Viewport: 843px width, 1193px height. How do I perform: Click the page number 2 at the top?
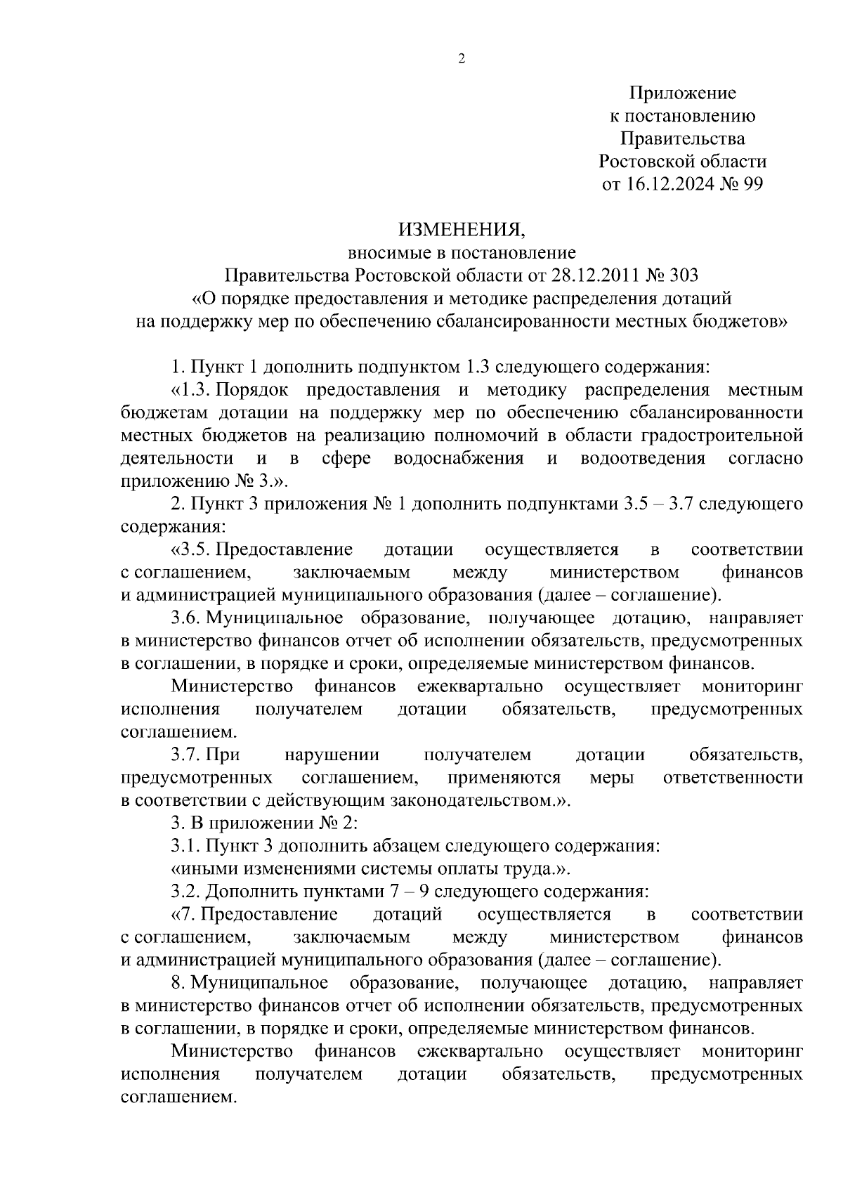tap(462, 59)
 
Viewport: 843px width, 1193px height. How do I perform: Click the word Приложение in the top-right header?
tap(682, 93)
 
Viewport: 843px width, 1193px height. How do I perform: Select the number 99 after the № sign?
tap(750, 184)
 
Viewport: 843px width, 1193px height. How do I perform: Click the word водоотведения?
tap(643, 459)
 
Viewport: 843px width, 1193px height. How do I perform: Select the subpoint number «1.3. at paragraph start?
tap(191, 390)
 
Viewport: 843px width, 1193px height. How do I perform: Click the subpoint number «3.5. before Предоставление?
tap(191, 549)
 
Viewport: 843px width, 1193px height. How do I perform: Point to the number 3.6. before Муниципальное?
tap(187, 618)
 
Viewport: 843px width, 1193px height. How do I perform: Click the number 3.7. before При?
tap(187, 755)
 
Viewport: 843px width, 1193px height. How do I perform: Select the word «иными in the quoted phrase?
tap(198, 869)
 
